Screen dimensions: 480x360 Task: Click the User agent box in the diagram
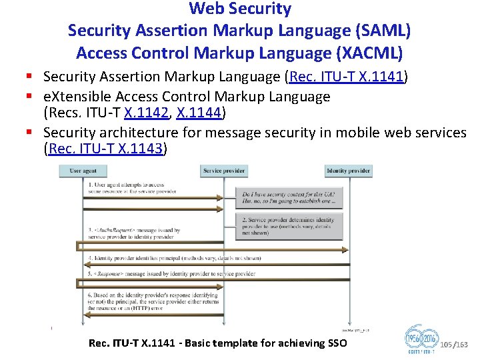click(x=83, y=171)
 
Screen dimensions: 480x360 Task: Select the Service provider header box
click(x=223, y=171)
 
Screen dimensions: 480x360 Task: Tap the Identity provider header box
click(x=349, y=171)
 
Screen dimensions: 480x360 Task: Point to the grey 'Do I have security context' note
click(x=289, y=198)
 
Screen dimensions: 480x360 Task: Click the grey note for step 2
click(x=289, y=226)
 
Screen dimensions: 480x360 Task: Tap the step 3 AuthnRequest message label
click(x=133, y=234)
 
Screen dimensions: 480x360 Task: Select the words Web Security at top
click(x=240, y=9)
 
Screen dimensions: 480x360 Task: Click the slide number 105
click(x=447, y=345)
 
